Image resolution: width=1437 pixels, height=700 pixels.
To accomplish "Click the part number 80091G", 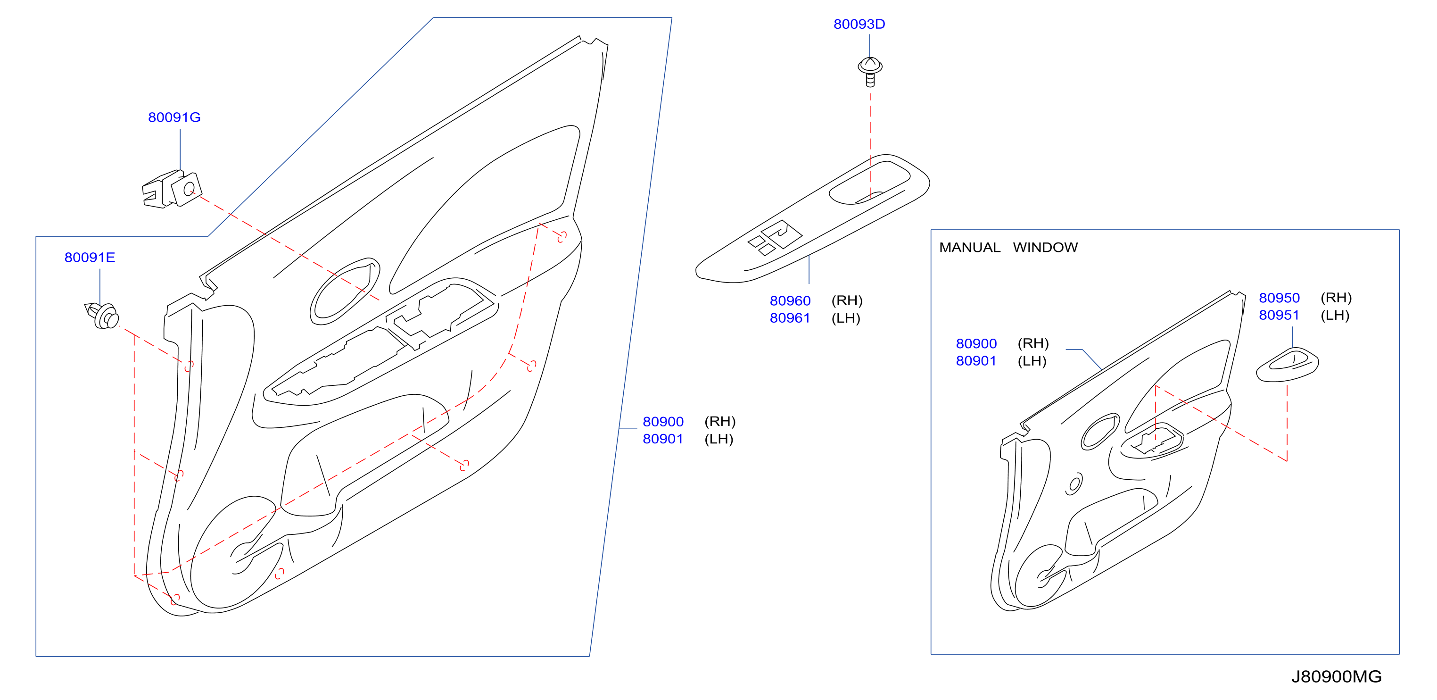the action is click(x=174, y=117).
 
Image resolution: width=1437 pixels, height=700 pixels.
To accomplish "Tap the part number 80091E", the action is click(x=90, y=258).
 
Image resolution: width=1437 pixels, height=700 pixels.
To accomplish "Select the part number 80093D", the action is click(x=859, y=24).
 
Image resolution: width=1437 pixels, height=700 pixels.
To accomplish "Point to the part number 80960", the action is click(x=790, y=301).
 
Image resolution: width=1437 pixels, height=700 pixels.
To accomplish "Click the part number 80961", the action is click(x=790, y=318).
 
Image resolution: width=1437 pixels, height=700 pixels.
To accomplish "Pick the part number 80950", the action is click(x=1279, y=298).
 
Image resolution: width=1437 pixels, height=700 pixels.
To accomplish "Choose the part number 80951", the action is click(x=1279, y=316).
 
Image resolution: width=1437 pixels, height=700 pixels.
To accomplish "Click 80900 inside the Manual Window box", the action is click(x=976, y=344).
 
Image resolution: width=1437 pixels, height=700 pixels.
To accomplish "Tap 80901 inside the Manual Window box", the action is click(x=976, y=361).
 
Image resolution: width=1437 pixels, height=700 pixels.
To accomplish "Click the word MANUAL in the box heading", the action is click(x=969, y=247).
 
